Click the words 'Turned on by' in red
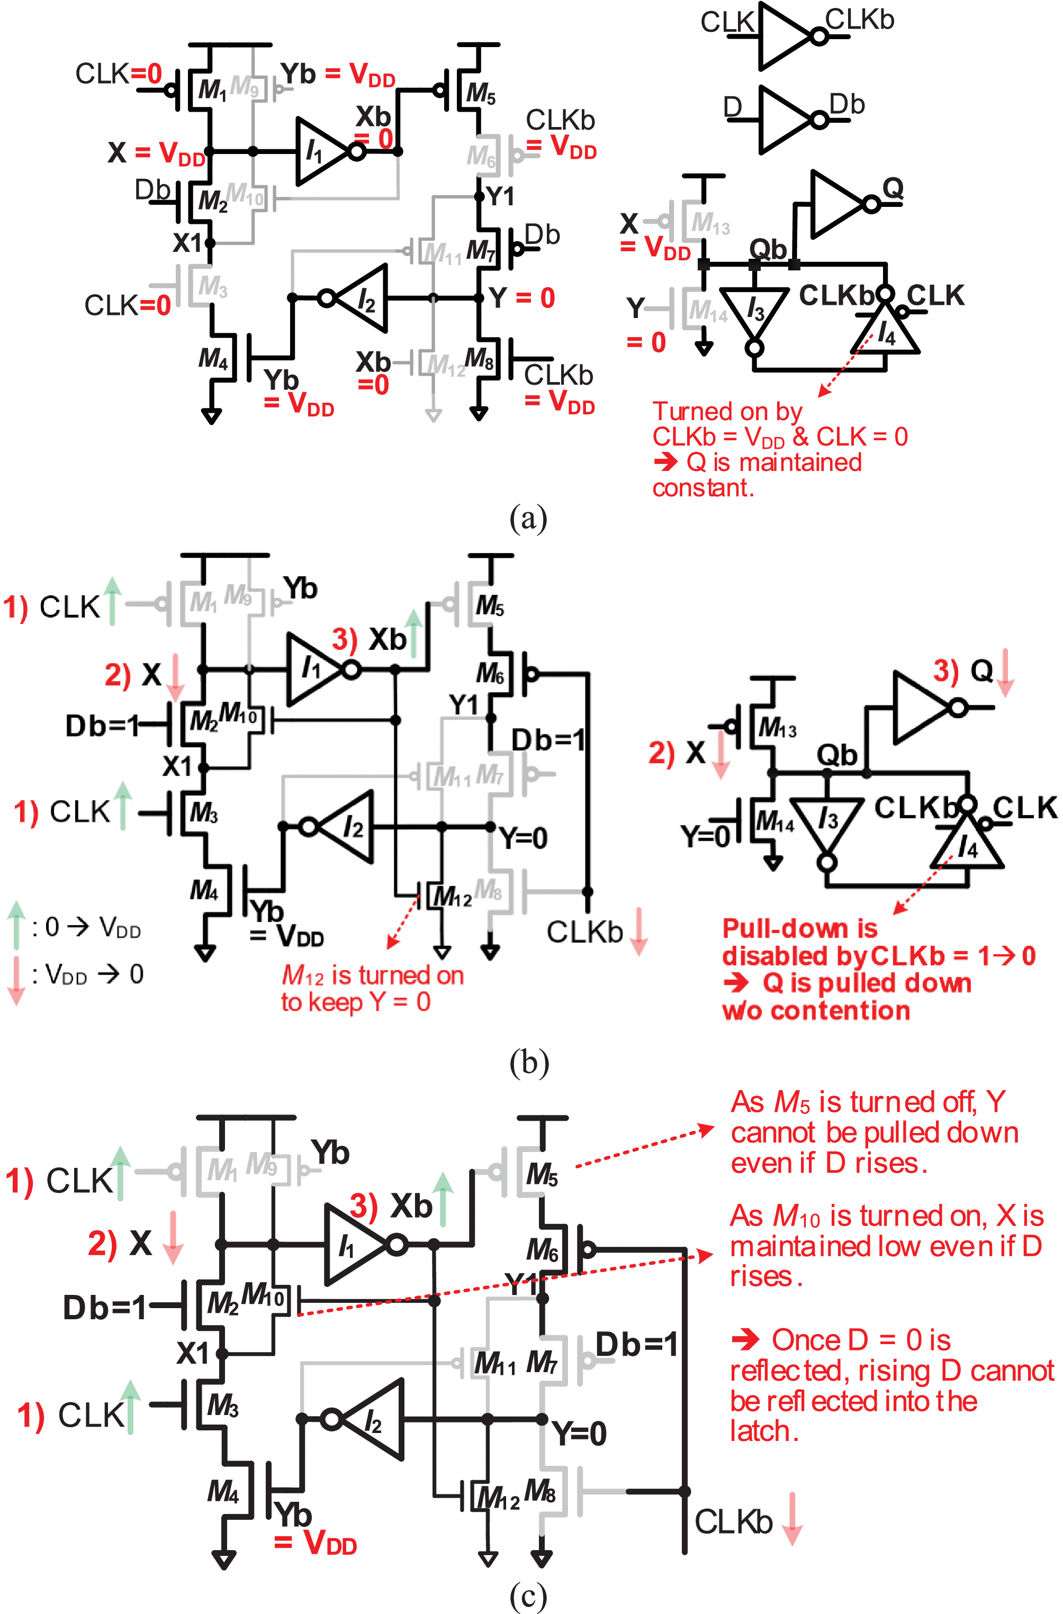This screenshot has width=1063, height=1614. point(727,412)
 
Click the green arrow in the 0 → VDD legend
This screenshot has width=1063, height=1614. point(17,925)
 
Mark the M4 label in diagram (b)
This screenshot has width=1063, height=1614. point(203,890)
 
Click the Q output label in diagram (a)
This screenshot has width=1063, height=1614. point(893,188)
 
